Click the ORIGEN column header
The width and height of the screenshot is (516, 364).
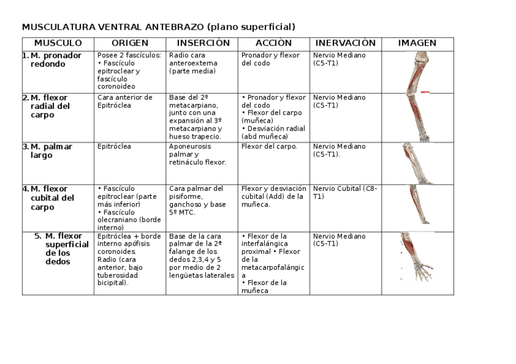(130, 43)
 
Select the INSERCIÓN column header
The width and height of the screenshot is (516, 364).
(203, 43)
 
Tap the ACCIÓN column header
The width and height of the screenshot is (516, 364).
(273, 43)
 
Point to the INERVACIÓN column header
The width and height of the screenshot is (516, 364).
(346, 43)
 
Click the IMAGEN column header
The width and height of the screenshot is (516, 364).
(417, 43)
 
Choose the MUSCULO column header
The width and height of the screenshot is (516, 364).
(58, 43)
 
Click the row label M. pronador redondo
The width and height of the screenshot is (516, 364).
(56, 60)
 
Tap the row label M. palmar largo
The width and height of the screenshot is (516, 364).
(51, 151)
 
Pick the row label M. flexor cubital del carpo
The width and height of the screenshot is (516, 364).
(54, 197)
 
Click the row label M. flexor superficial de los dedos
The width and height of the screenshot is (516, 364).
(64, 249)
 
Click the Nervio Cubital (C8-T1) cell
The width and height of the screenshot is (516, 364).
(345, 192)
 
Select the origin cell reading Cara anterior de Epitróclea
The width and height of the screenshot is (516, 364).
(125, 101)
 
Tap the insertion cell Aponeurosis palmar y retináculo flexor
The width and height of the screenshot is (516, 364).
(198, 154)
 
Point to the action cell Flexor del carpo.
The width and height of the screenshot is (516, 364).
(269, 146)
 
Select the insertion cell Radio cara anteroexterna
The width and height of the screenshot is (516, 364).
(193, 63)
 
